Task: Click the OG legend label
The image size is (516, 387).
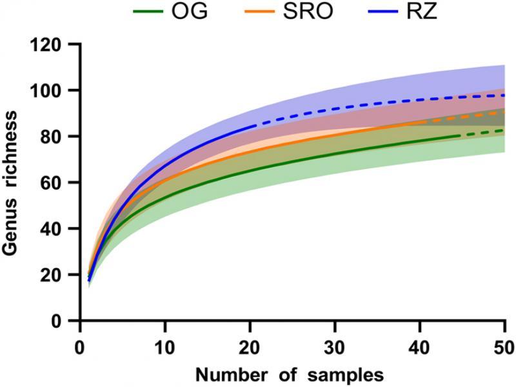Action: [191, 12]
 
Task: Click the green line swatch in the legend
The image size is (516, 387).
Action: [150, 12]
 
